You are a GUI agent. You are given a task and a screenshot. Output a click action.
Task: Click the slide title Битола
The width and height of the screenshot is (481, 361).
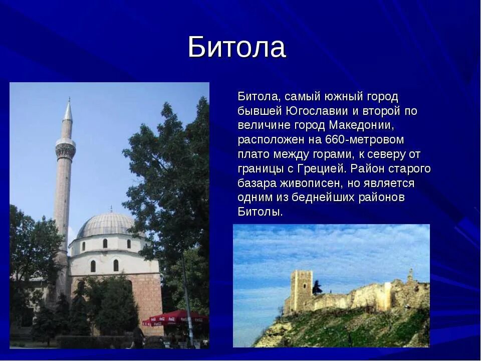(236, 47)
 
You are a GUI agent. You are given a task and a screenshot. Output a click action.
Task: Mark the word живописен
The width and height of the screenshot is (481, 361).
(320, 183)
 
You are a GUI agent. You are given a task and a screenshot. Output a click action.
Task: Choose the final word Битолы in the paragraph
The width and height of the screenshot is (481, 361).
(260, 212)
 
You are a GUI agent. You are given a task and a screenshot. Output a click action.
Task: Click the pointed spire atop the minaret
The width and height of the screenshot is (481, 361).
(68, 110)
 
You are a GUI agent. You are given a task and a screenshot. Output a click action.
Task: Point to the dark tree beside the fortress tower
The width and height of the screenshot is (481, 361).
(317, 288)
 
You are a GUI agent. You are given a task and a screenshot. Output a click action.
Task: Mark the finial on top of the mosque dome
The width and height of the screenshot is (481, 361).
(111, 209)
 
